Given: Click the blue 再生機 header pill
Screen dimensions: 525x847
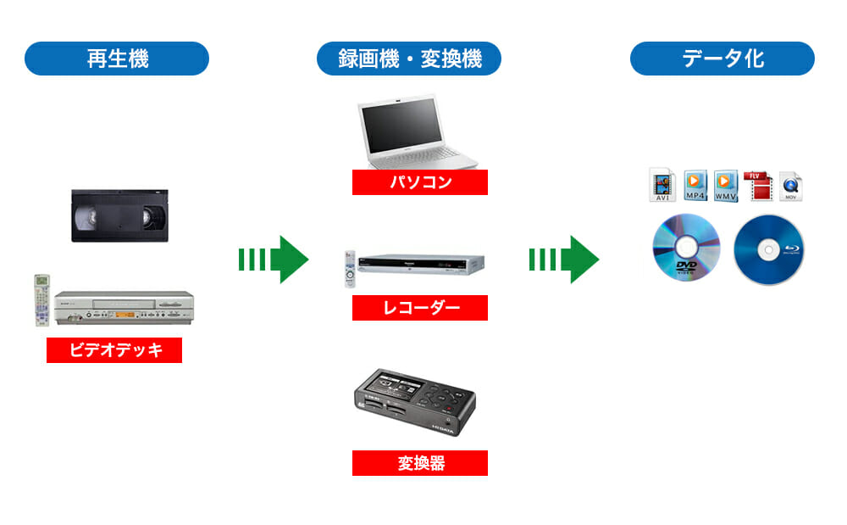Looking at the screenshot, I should point(117,59).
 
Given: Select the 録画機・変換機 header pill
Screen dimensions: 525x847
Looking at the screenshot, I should point(409,59).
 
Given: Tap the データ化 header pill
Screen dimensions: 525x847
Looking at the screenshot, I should point(722,59).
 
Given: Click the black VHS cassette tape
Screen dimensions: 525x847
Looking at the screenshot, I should point(119,215).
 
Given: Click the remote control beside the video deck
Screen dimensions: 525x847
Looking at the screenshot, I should point(42,299).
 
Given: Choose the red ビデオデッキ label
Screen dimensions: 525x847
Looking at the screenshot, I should point(114,350).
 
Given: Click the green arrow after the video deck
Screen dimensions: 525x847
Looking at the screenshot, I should point(273,260).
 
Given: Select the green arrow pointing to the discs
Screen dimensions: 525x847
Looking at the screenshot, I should point(563,260).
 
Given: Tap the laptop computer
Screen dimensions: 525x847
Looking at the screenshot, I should point(412,134).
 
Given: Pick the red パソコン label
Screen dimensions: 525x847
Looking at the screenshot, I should point(420,182).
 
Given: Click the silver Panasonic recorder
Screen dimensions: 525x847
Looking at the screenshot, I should point(420,265).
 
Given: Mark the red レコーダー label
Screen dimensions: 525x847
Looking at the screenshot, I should point(420,308).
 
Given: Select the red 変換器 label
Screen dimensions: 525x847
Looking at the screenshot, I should point(420,463).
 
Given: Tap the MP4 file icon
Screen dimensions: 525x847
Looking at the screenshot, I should point(695,185).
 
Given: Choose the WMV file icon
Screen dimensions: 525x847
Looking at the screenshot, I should point(726,185).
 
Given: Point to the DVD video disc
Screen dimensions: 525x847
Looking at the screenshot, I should point(685,245).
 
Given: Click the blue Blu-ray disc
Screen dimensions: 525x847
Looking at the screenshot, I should point(768,249).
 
